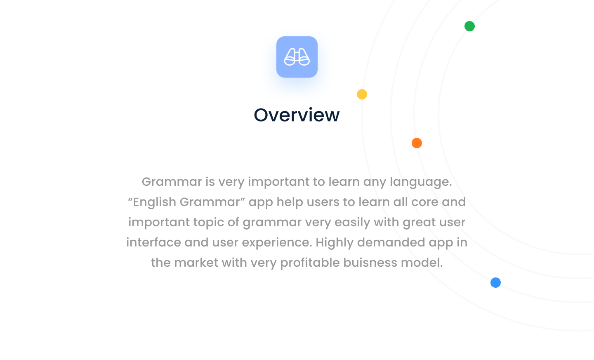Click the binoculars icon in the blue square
297,57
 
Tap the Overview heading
297,115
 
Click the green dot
469,26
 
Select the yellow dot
362,94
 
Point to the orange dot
417,143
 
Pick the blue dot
495,282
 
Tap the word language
421,182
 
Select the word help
290,202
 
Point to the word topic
208,223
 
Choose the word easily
352,223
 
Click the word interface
153,242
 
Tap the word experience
277,243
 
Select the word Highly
335,243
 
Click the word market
196,263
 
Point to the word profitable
310,263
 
